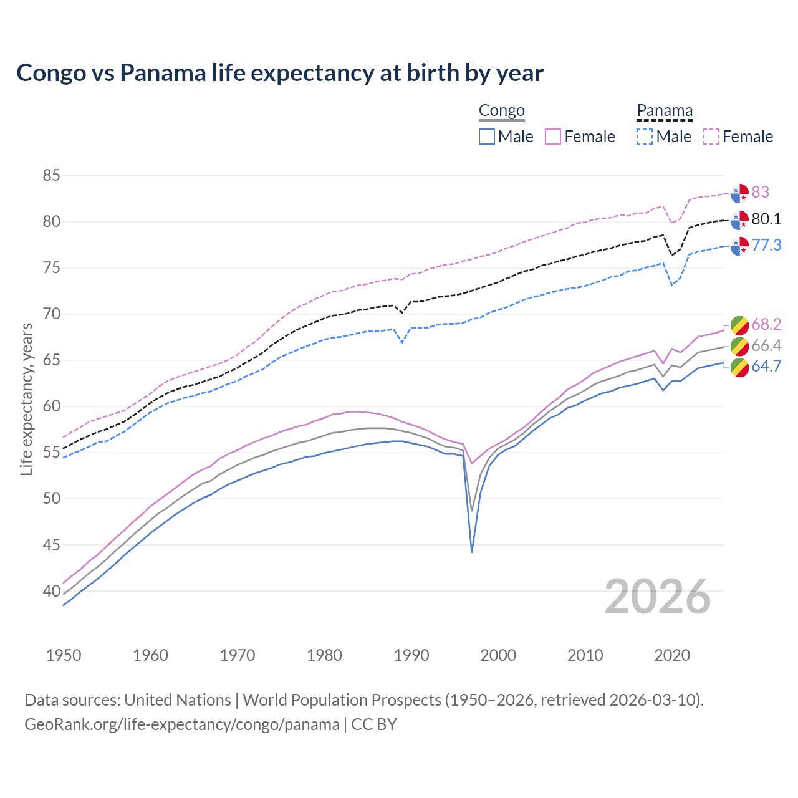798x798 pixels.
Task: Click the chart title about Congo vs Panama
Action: tap(280, 73)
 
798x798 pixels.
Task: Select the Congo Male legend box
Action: tap(487, 137)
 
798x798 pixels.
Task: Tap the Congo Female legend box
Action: tap(553, 137)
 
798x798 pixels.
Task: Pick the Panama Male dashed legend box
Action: tap(645, 137)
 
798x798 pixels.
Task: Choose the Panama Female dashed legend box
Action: tap(711, 137)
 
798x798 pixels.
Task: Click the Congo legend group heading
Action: tap(501, 111)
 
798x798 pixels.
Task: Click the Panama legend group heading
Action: tap(665, 111)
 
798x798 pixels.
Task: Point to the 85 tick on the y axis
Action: tap(51, 176)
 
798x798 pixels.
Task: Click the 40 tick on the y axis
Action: tap(51, 591)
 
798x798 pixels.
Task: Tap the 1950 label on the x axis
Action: tap(64, 655)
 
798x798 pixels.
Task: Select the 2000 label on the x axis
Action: tap(498, 655)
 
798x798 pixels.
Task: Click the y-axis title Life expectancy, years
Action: tap(26, 399)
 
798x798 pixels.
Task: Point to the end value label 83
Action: tap(760, 192)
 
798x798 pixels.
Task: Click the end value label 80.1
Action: tap(766, 219)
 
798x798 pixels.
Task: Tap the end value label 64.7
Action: tap(766, 366)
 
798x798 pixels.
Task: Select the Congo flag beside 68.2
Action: tap(739, 325)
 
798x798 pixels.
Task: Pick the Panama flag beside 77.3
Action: tap(739, 246)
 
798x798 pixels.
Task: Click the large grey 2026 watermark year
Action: tap(658, 597)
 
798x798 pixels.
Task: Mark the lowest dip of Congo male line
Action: tap(472, 552)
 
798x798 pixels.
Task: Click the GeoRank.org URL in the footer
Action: tap(182, 724)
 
